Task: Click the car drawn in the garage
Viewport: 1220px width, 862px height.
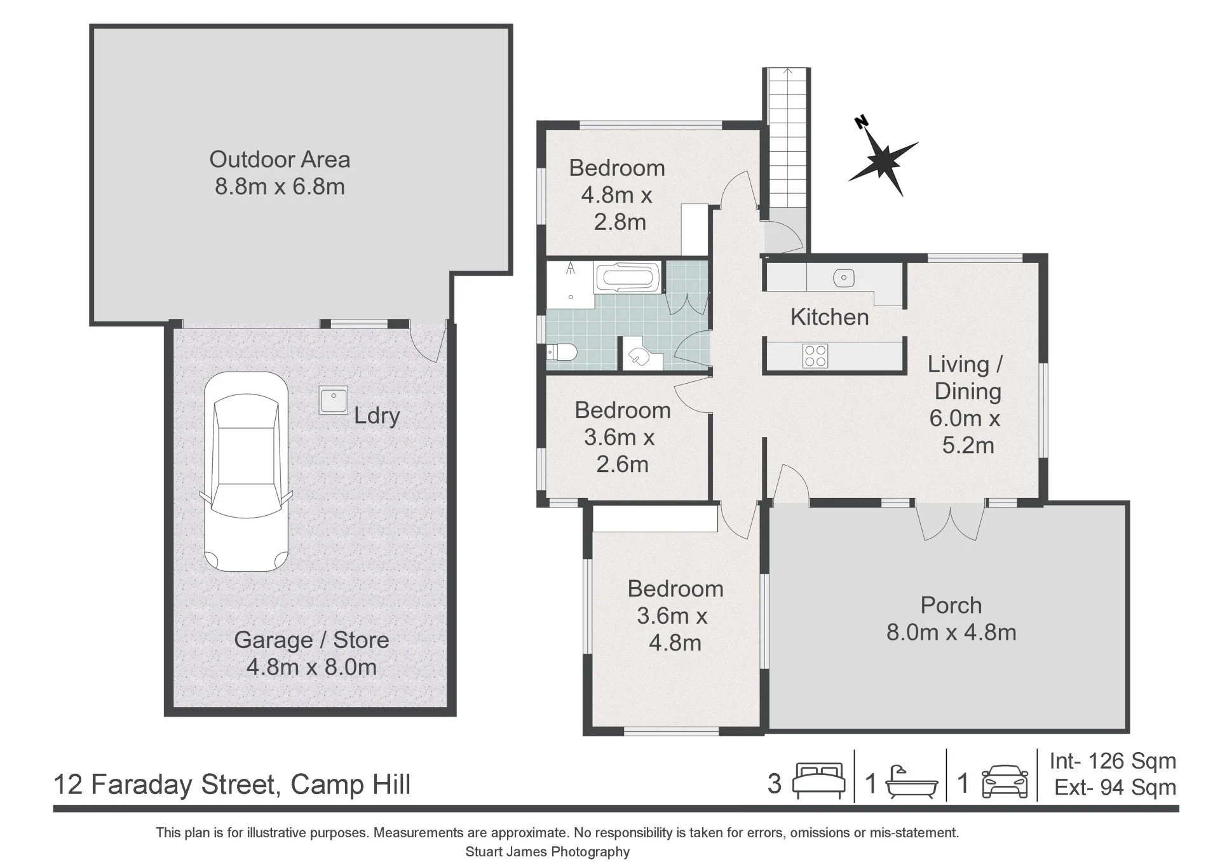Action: (x=246, y=471)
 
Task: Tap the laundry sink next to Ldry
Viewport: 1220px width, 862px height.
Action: (x=334, y=400)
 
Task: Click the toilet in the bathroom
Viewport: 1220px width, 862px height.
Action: (x=562, y=352)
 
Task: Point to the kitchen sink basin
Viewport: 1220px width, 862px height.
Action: (x=843, y=277)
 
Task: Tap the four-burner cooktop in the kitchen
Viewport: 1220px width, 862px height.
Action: (x=815, y=356)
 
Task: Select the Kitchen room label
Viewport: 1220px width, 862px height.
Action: (x=829, y=317)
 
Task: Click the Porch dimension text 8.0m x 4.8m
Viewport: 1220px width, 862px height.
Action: (x=951, y=632)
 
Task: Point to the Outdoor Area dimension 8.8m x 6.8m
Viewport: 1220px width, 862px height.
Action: (x=280, y=187)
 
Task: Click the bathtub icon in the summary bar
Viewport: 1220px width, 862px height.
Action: (x=911, y=783)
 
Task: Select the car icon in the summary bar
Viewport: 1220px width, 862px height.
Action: (x=1005, y=783)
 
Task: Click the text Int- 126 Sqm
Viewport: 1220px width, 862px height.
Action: (x=1113, y=760)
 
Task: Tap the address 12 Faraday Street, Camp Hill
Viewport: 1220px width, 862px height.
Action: (x=232, y=785)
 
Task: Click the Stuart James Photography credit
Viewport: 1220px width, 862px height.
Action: (x=547, y=852)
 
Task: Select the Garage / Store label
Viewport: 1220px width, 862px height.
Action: (x=311, y=640)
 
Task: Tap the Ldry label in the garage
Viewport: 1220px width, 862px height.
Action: (x=377, y=415)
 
